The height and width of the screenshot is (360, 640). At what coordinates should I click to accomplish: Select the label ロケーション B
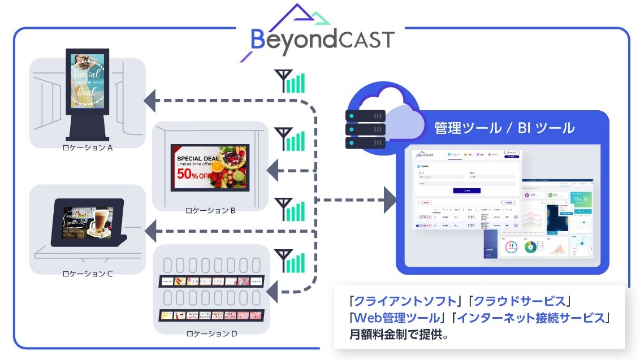[210, 211]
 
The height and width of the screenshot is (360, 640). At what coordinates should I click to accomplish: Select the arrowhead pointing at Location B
[274, 170]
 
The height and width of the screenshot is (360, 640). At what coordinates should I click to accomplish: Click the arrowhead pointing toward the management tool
[390, 200]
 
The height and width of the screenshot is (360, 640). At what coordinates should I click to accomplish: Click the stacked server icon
[365, 129]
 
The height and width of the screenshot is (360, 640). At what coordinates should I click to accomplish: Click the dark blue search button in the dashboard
[466, 191]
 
